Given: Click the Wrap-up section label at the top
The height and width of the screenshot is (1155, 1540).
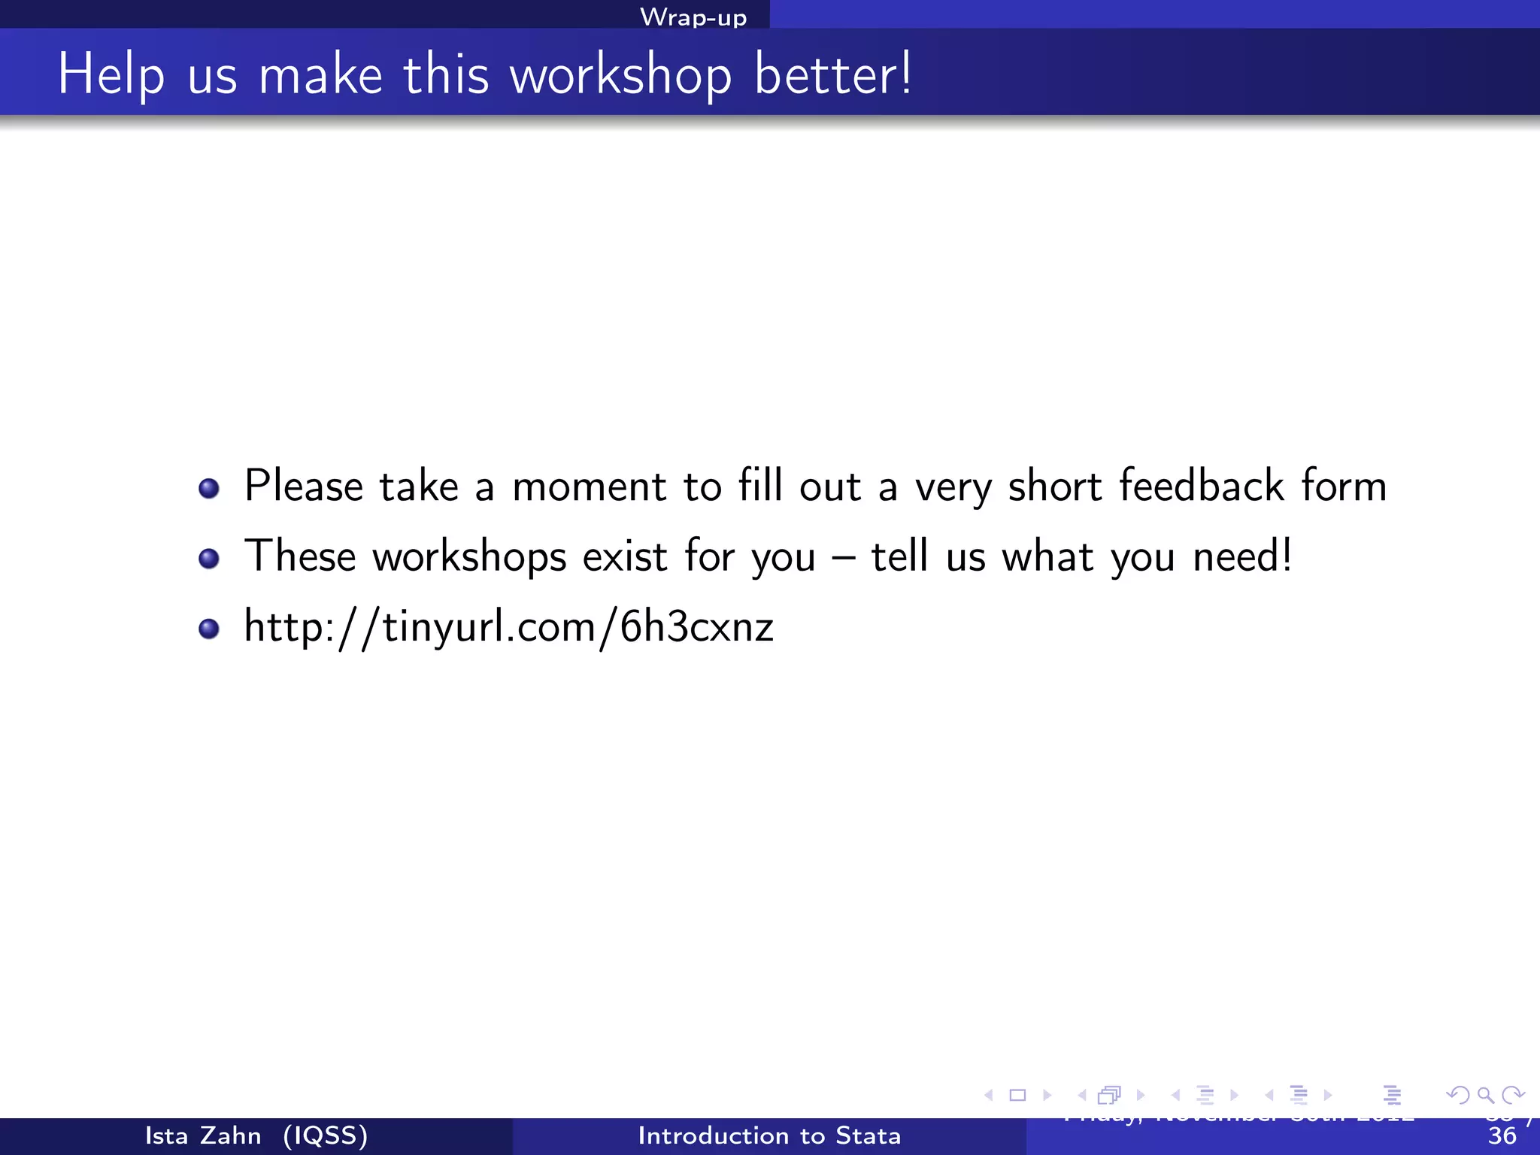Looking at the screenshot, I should click(693, 17).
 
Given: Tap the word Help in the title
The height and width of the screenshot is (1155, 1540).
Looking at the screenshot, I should click(111, 75).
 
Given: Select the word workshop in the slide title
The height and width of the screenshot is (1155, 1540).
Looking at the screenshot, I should click(620, 75).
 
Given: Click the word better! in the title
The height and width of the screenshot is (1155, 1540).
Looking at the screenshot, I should click(833, 74).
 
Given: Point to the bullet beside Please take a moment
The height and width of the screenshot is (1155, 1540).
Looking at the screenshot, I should click(209, 489).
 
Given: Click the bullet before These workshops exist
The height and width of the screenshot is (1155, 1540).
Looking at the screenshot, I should click(209, 559).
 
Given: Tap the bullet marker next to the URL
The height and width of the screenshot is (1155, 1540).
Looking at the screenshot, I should click(209, 629).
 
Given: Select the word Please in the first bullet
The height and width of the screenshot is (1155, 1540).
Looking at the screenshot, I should click(304, 487).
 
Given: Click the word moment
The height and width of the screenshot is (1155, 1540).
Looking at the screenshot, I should click(589, 487).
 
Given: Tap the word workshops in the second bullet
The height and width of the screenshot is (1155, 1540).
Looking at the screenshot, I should click(469, 557).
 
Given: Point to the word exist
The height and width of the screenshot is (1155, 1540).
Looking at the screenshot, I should click(625, 556).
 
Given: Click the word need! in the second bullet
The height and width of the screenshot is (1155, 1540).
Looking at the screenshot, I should click(1243, 556).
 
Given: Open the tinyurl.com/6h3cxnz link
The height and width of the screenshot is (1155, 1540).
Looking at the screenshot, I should click(509, 627).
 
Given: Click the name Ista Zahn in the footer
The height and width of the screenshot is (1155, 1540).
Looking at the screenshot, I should click(203, 1135).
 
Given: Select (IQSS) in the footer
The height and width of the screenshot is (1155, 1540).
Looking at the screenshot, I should click(326, 1135).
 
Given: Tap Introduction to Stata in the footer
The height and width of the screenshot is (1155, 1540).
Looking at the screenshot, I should click(769, 1135).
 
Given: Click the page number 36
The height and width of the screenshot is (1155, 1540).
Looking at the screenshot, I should click(1502, 1136).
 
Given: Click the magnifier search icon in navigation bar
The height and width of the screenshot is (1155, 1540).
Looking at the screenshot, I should click(1485, 1095).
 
